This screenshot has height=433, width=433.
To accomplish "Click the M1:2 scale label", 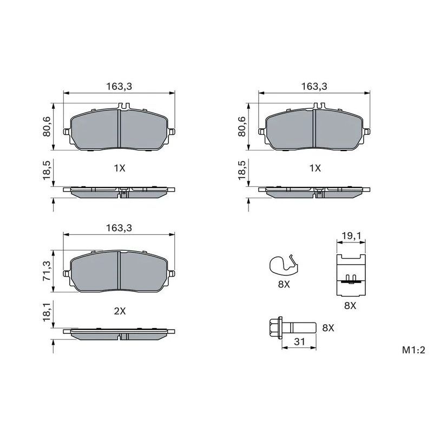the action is (x=414, y=350).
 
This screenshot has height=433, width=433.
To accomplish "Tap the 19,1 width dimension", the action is (x=351, y=235).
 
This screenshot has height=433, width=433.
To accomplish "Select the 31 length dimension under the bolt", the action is (x=299, y=342).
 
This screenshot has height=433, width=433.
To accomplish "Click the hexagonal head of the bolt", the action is (x=275, y=328).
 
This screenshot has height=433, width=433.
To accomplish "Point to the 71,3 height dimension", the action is (x=47, y=271).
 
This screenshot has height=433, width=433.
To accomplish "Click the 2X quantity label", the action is (x=120, y=311).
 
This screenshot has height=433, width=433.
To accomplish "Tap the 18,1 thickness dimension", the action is (x=47, y=311).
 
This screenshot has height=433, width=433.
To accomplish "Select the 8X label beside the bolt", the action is (x=328, y=328).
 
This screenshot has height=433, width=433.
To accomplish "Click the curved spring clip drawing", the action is (x=284, y=264).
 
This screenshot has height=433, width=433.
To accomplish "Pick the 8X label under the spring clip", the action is (x=284, y=285).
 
